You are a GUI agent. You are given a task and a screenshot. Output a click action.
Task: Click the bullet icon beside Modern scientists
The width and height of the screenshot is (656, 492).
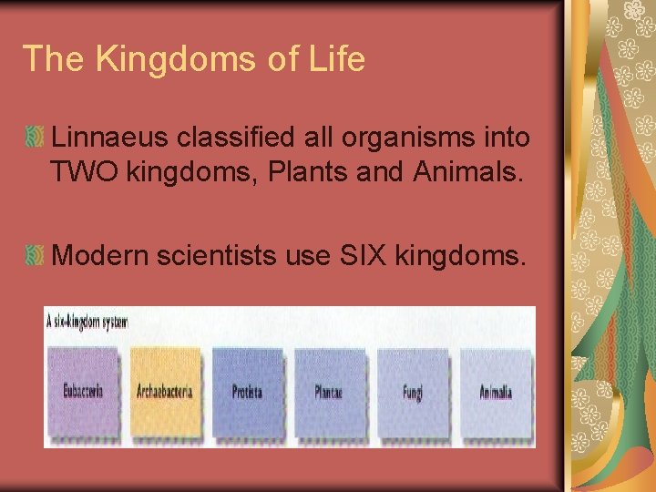coord(35,257)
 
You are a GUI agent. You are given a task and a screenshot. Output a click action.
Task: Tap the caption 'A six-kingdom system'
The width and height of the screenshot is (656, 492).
coord(88,323)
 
